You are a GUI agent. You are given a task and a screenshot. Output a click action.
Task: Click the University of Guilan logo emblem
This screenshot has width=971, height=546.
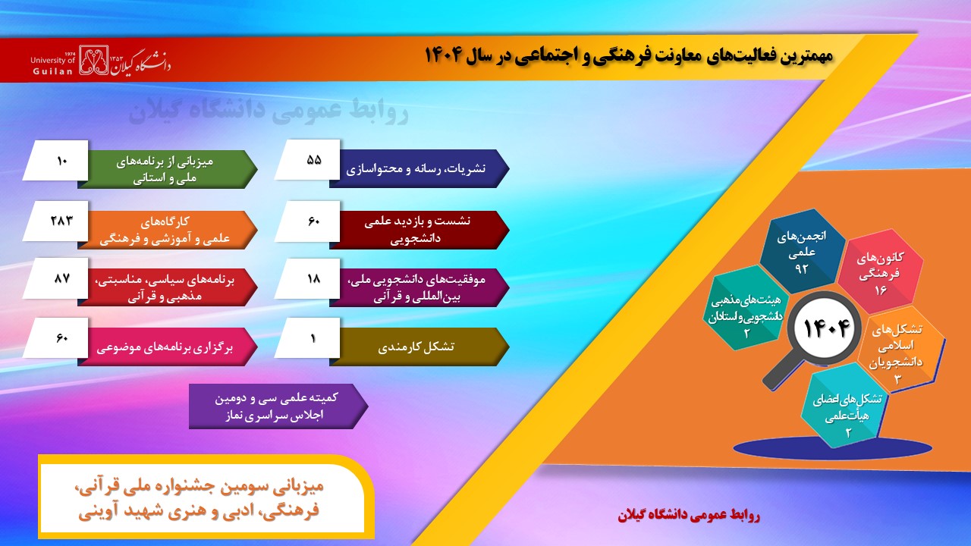[x=93, y=60]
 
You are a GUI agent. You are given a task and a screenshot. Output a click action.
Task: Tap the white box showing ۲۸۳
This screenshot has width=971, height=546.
[x=55, y=221]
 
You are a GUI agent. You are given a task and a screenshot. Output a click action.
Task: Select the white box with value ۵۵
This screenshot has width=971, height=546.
[x=307, y=159]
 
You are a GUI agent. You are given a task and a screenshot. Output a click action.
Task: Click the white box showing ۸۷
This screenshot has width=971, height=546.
[x=55, y=278]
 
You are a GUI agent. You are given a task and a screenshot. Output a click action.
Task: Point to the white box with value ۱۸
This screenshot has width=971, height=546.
[x=307, y=278]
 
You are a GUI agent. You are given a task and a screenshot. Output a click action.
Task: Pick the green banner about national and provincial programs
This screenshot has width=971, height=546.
[x=168, y=169]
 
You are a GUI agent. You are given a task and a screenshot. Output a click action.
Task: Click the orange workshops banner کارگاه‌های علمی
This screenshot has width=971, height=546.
[x=168, y=230]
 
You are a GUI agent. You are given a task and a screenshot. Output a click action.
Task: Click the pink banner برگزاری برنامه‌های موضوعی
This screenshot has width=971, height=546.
[x=168, y=347]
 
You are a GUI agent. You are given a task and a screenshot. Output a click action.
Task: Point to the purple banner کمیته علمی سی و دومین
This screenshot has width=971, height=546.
[x=278, y=406]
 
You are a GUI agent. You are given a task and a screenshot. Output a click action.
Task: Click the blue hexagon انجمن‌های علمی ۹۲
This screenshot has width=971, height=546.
[x=803, y=251]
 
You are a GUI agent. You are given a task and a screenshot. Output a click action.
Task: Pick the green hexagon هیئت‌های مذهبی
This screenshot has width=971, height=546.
[x=746, y=309]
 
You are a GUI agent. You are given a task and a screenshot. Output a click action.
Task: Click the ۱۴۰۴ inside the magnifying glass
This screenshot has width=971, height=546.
[x=826, y=328]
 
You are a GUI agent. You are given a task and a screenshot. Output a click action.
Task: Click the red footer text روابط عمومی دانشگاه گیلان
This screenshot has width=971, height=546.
[x=689, y=515]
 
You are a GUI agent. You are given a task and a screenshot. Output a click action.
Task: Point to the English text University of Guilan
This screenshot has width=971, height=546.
[x=53, y=65]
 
